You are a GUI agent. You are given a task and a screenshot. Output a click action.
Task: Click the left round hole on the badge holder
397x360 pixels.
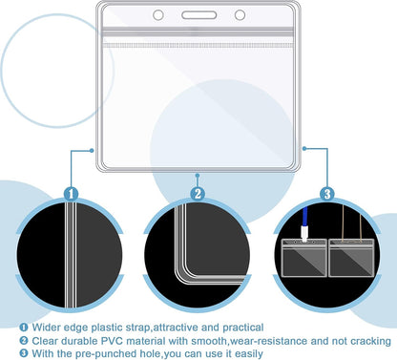click(158, 15)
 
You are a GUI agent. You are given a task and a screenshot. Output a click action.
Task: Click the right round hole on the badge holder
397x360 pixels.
click(240, 15)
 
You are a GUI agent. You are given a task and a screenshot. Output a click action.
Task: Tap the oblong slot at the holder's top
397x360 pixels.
click(199, 15)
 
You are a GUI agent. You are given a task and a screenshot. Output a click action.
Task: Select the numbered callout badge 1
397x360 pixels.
click(71, 194)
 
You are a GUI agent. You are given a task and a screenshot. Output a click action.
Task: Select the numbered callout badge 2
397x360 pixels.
click(198, 194)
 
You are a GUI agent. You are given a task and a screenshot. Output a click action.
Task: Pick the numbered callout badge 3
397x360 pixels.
click(327, 194)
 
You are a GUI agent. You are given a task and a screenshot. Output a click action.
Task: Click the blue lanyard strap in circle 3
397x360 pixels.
click(305, 216)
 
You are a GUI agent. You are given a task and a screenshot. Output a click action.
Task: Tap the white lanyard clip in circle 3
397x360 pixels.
click(304, 234)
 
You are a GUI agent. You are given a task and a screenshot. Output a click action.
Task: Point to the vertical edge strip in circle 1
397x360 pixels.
click(71, 255)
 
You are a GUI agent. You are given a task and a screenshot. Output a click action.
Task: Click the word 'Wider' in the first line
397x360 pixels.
click(46, 328)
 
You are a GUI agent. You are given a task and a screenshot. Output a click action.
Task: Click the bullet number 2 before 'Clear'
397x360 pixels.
click(24, 341)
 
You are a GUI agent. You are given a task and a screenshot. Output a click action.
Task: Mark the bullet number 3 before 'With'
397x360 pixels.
click(24, 353)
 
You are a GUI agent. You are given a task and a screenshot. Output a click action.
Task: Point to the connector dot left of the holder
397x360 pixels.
click(92, 150)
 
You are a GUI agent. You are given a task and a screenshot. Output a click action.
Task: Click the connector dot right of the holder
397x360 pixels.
click(304, 148)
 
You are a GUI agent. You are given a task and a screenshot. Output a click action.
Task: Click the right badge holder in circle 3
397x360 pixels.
click(351, 258)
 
